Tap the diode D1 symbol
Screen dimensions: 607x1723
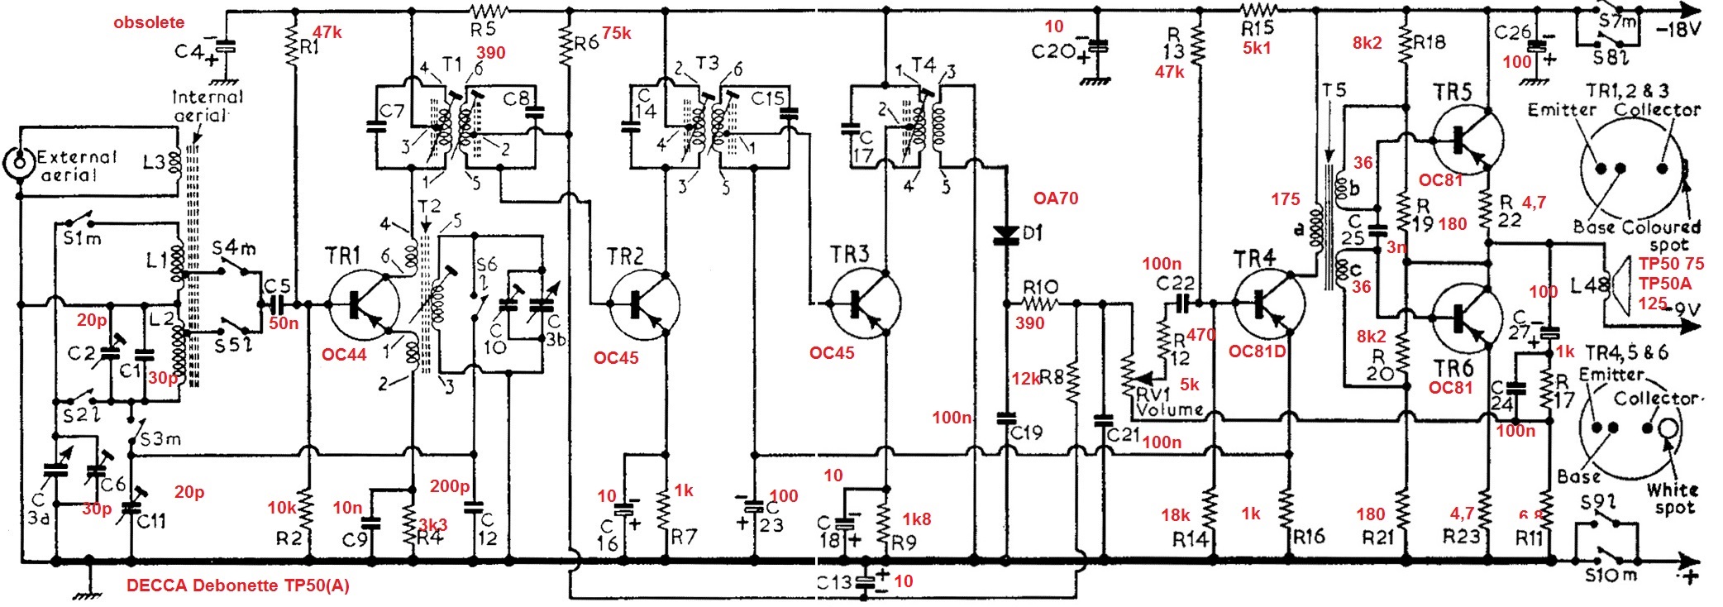(1005, 234)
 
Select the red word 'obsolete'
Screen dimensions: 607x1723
(149, 22)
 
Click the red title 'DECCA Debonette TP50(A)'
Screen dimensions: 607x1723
(238, 585)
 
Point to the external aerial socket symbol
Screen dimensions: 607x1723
(17, 164)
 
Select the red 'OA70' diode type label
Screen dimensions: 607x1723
(1056, 198)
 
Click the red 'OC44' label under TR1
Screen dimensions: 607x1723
(344, 355)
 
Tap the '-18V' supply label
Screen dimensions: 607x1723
(1678, 30)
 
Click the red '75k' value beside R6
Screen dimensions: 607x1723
(616, 33)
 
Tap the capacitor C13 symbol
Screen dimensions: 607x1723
(865, 581)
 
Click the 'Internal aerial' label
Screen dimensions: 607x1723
(207, 106)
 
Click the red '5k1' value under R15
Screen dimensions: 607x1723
(1257, 48)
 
